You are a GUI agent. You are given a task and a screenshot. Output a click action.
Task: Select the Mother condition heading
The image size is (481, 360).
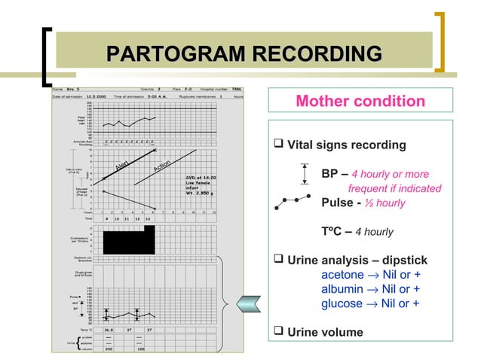pos(360,101)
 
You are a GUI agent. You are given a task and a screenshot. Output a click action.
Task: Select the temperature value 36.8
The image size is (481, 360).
pos(109,329)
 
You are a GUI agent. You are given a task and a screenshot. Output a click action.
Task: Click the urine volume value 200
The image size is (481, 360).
pos(109,349)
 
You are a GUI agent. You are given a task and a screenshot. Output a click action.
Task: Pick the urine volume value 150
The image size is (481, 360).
pos(140,349)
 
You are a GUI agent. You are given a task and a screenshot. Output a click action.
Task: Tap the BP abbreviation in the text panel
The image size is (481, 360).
pos(330,174)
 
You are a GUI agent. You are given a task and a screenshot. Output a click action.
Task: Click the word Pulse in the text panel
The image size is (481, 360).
pos(338,203)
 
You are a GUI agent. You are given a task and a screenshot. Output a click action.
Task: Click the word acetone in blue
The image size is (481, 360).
pos(342,274)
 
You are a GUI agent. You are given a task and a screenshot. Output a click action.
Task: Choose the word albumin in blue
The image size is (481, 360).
pos(342,289)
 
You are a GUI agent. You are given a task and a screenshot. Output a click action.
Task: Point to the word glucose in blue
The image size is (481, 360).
pos(342,304)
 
